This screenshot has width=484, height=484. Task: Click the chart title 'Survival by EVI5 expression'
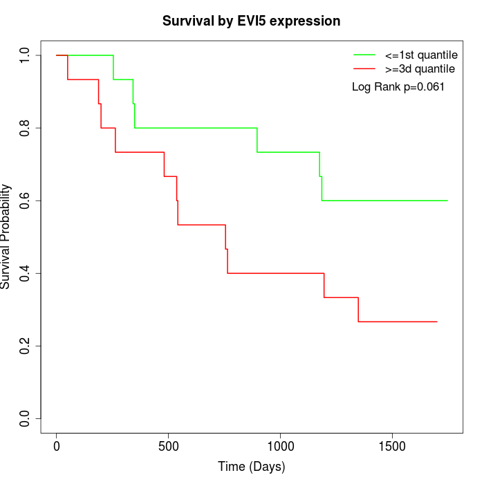click(251, 21)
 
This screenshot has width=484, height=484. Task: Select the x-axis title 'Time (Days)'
click(251, 467)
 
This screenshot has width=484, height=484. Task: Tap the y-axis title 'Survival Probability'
click(6, 236)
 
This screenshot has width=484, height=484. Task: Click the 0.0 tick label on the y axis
click(26, 418)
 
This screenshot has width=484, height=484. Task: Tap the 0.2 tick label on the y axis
click(26, 346)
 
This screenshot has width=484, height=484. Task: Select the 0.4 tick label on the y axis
click(26, 273)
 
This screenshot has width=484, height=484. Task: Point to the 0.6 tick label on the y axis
click(26, 201)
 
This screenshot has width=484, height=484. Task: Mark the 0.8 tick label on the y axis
click(26, 128)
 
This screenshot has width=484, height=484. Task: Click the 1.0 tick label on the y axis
click(26, 55)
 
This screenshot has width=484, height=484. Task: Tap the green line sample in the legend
click(364, 54)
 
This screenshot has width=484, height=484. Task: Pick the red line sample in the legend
click(364, 68)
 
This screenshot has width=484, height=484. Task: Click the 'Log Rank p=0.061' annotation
click(398, 87)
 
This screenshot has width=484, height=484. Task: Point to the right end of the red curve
click(437, 322)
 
